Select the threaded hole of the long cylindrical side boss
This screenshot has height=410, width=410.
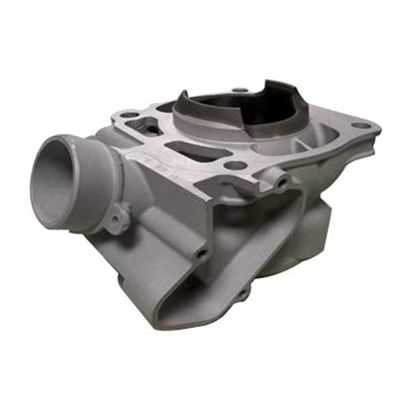pos(202,254)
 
